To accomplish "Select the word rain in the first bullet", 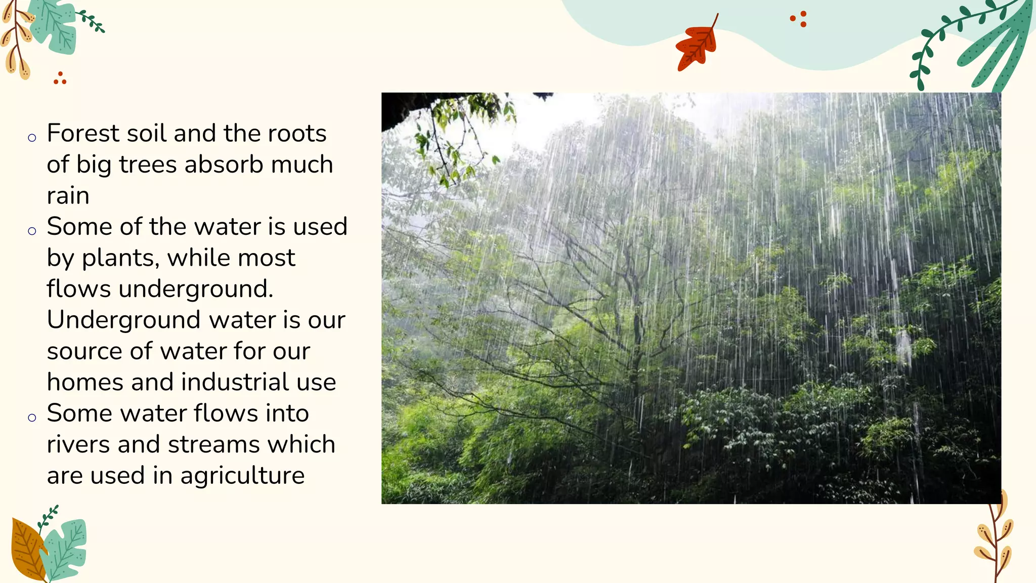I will pos(68,196).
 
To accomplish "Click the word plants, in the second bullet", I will pos(120,258).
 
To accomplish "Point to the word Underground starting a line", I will pos(123,320).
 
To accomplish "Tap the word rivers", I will pos(78,445).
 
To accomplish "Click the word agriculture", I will pos(242,476).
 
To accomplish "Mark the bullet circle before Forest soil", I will pos(32,138).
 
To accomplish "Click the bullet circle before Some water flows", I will pos(32,418).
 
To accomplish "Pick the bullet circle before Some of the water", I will pos(32,231).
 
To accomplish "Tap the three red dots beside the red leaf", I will pos(799,19).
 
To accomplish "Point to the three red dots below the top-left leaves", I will pos(60,78).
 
